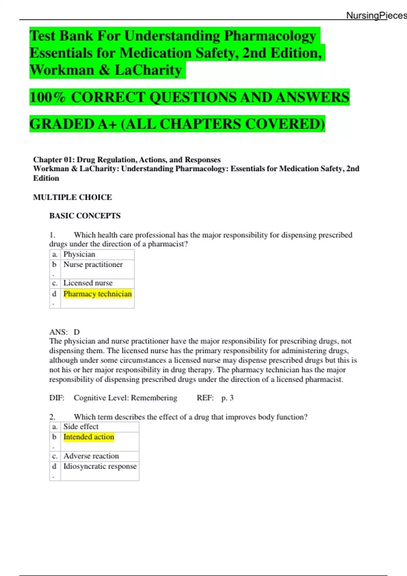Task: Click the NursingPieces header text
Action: [x=376, y=15]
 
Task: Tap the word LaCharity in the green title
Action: [x=148, y=70]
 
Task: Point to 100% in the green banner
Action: [x=47, y=97]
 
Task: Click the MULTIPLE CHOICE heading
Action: [x=72, y=197]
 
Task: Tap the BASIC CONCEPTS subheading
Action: [x=85, y=216]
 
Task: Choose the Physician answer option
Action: [x=79, y=254]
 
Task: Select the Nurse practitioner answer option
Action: [x=93, y=265]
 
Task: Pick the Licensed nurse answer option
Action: [x=88, y=283]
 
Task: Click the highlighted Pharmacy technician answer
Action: [x=97, y=294]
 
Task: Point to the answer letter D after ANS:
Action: [x=77, y=332]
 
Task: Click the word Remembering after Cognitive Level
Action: [x=154, y=398]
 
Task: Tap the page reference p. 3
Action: [x=227, y=398]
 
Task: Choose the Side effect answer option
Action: [x=81, y=427]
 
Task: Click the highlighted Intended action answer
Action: [x=89, y=437]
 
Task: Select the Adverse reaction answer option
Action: [x=91, y=456]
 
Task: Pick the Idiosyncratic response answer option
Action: [x=100, y=466]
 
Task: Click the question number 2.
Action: [x=52, y=417]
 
